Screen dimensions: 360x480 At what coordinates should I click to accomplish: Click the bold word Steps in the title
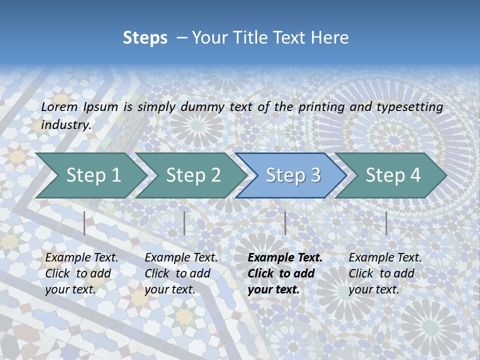point(145,38)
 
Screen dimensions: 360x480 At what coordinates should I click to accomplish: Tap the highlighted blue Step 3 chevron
point(293,175)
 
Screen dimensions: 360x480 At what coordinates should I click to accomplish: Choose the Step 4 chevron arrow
point(393,175)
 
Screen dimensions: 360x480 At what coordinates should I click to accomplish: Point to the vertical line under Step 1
point(84,223)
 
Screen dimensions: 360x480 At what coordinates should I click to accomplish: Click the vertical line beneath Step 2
point(184,223)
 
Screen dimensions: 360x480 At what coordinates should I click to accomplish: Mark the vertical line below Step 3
point(285,223)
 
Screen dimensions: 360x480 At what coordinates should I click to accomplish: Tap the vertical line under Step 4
point(386,223)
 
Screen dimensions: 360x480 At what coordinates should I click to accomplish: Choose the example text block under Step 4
point(385,273)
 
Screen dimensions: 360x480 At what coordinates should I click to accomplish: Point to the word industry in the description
point(66,124)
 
